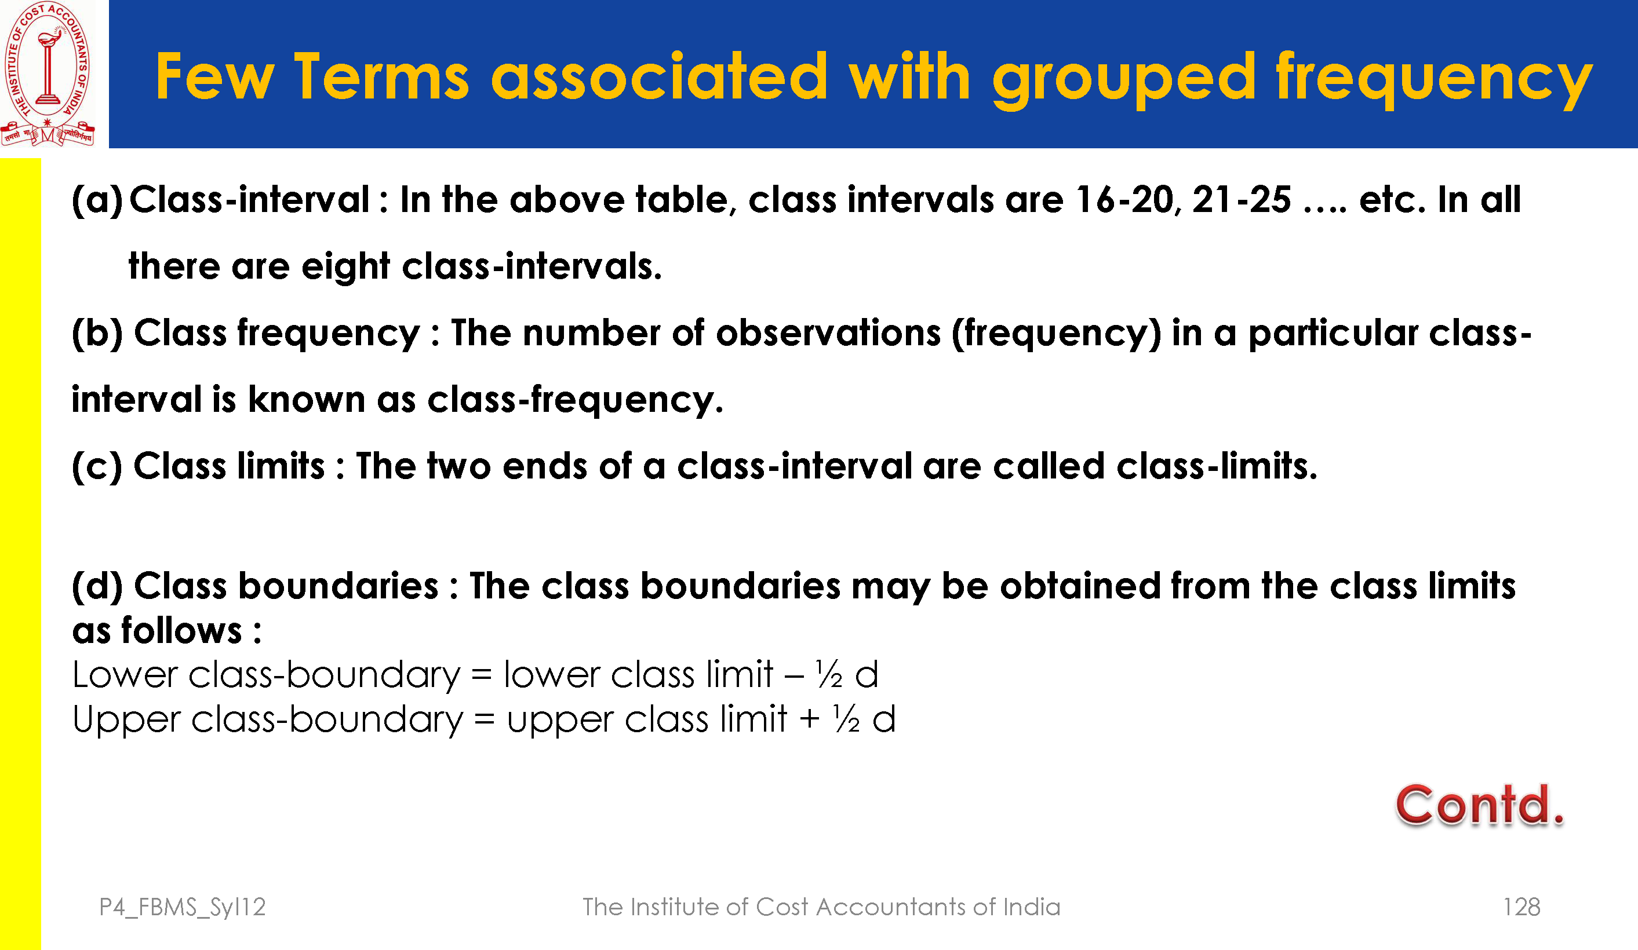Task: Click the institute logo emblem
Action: click(x=48, y=74)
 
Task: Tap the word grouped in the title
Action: click(x=1124, y=82)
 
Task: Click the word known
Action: click(x=306, y=399)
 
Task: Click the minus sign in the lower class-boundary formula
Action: click(x=794, y=675)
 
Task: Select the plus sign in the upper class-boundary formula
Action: click(x=809, y=720)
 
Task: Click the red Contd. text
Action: click(x=1479, y=806)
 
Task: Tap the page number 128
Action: click(x=1521, y=907)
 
